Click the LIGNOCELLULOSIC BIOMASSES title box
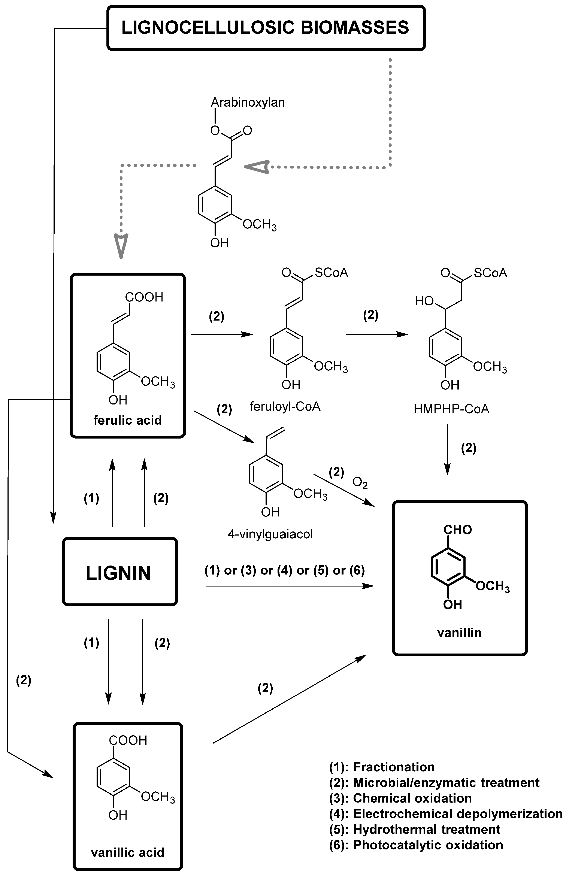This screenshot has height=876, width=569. (x=266, y=28)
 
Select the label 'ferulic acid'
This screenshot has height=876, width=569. (x=127, y=420)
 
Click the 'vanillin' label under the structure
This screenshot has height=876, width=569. (x=459, y=632)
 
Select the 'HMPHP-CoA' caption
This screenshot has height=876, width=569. (x=451, y=409)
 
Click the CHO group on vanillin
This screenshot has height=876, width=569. (x=457, y=530)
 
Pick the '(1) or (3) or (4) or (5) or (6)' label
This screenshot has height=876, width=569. (x=284, y=570)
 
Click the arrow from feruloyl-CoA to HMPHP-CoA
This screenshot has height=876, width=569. (x=376, y=334)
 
